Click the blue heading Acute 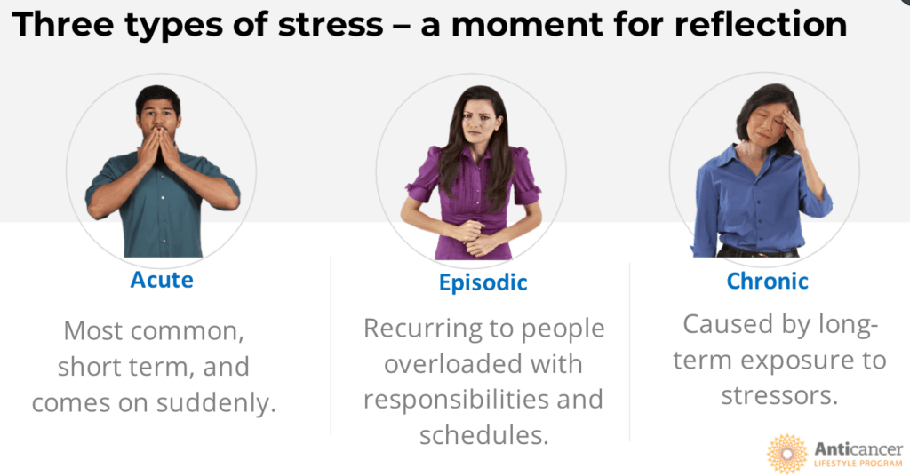162,280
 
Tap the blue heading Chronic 767,282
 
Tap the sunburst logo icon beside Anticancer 786,454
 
